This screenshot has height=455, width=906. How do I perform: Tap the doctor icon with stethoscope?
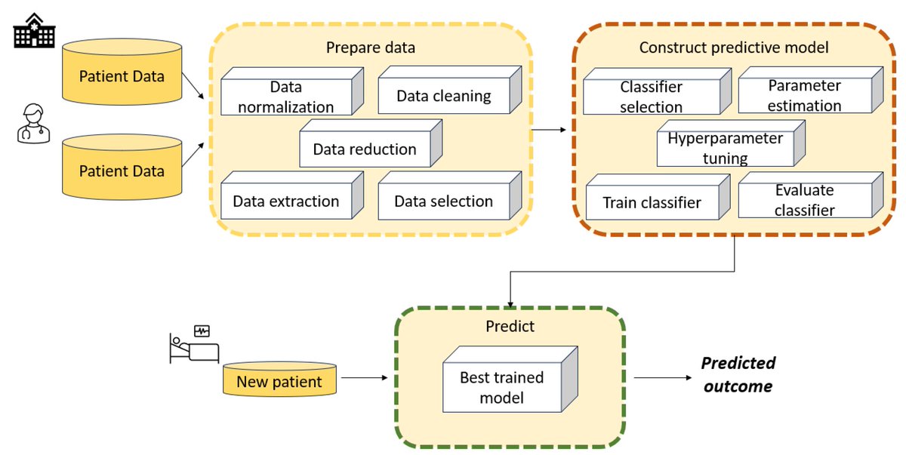click(x=32, y=125)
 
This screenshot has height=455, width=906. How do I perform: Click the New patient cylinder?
click(x=279, y=380)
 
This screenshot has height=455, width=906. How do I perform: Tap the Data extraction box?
click(x=285, y=201)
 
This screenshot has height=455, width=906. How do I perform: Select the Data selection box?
click(x=443, y=201)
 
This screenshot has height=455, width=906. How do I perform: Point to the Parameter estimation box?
click(x=804, y=97)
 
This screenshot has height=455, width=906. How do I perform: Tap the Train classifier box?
click(x=652, y=202)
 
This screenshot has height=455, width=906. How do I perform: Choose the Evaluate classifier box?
click(x=804, y=201)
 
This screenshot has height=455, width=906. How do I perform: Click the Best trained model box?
click(x=502, y=386)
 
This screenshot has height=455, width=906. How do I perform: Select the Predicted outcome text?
click(x=738, y=374)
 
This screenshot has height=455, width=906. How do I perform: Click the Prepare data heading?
click(x=371, y=48)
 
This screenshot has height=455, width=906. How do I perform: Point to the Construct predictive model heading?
click(x=734, y=48)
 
